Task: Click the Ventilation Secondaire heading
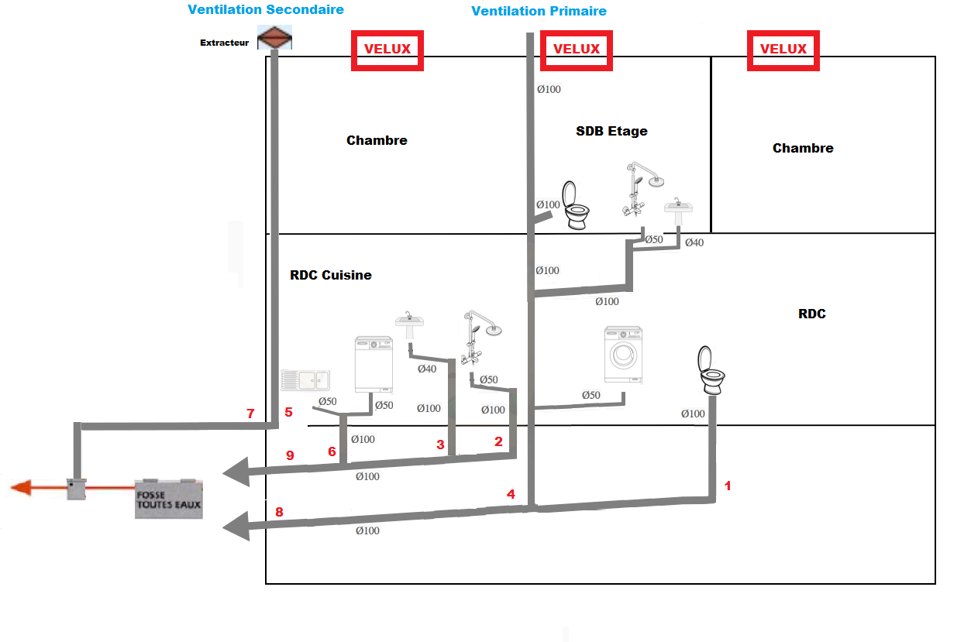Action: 266,9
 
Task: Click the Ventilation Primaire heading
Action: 539,11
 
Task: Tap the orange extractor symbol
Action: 275,38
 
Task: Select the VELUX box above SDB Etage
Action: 576,49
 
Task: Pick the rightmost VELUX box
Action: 783,49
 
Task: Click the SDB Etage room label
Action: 611,131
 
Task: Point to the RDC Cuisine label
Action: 331,275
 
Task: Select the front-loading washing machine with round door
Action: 624,355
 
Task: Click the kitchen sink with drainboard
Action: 305,379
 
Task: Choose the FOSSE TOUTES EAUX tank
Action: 168,498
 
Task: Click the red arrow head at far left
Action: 21,487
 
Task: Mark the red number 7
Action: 250,414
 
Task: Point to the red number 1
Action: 727,486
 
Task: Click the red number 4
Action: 511,493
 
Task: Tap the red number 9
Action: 290,455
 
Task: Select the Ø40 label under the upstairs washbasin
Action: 694,243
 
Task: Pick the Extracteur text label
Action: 225,43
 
